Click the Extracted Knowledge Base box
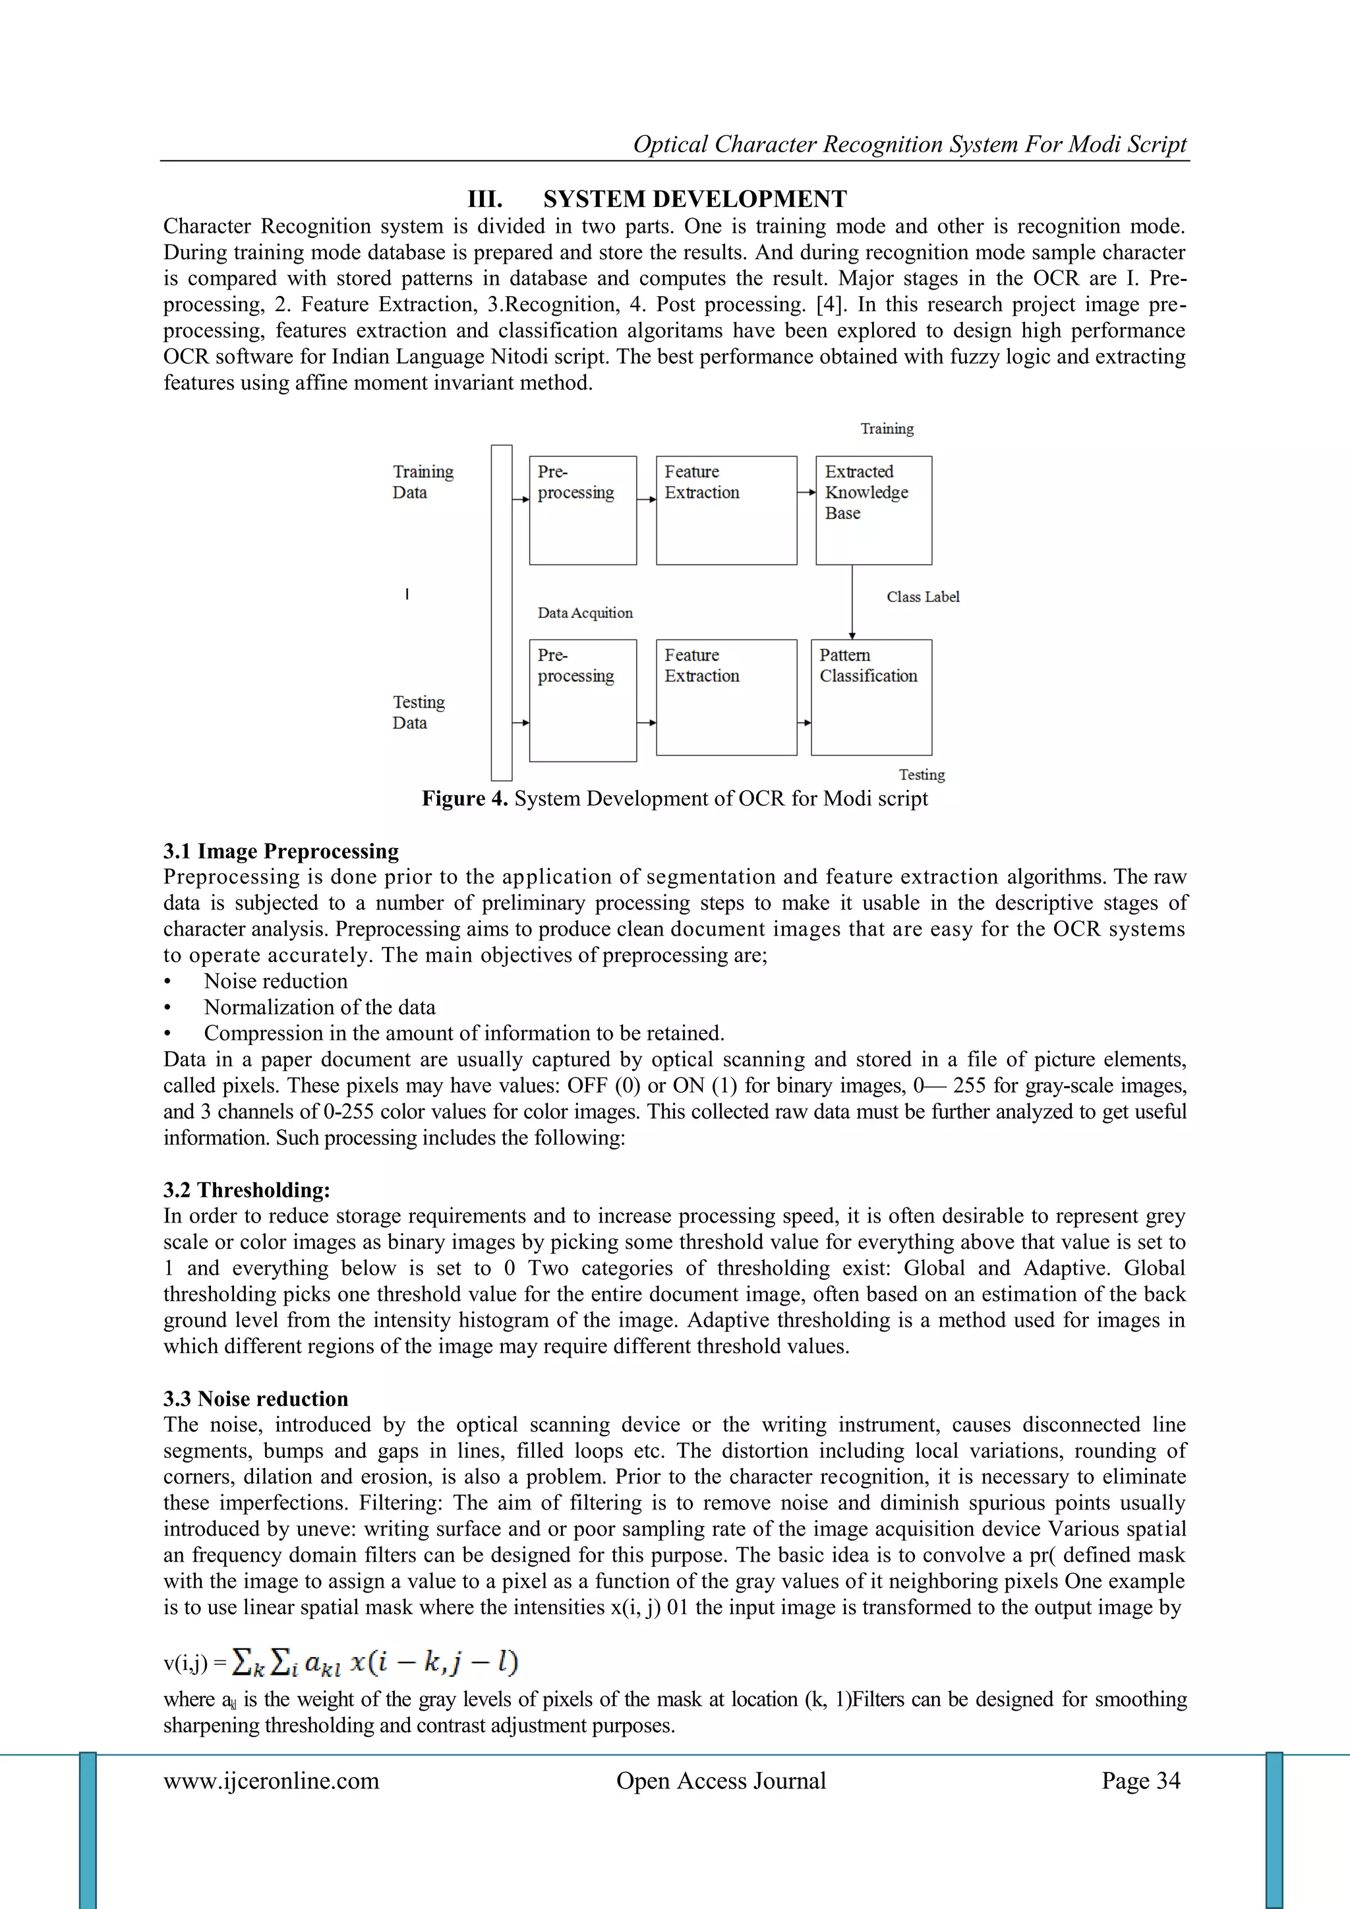pyautogui.click(x=873, y=510)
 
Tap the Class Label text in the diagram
pyautogui.click(x=922, y=597)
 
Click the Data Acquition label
pyautogui.click(x=585, y=613)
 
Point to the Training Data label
pyautogui.click(x=423, y=481)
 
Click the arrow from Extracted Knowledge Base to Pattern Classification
pyautogui.click(x=852, y=602)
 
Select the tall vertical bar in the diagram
pyautogui.click(x=501, y=612)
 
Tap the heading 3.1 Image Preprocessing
pyautogui.click(x=281, y=851)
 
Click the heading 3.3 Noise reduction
pyautogui.click(x=256, y=1399)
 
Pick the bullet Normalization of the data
pyautogui.click(x=319, y=1007)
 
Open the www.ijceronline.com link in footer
pyautogui.click(x=271, y=1780)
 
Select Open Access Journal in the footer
pyautogui.click(x=720, y=1780)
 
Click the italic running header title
pyautogui.click(x=910, y=144)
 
